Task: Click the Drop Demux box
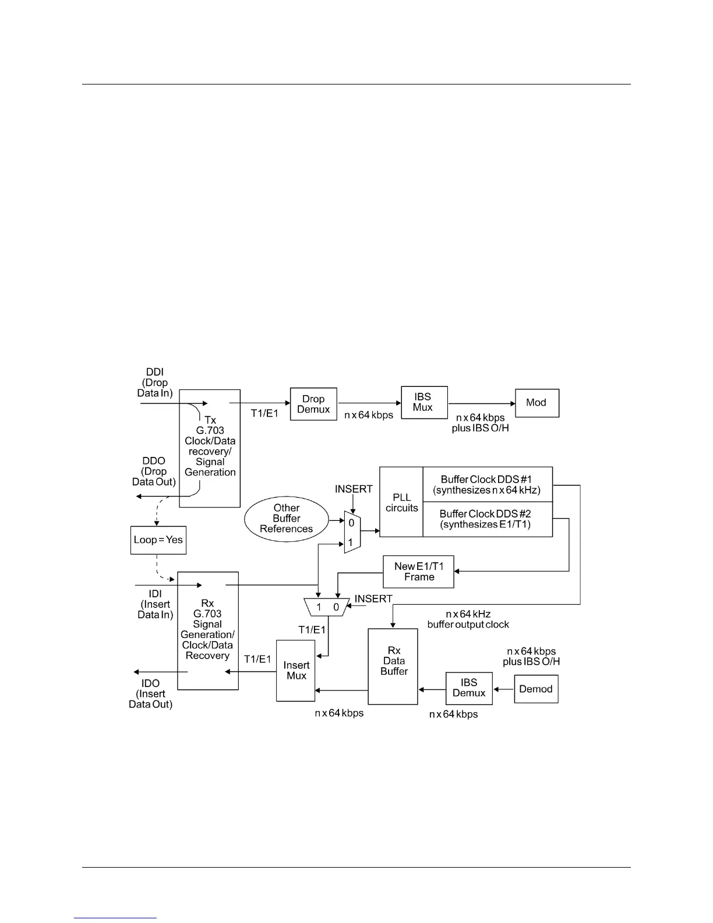pos(313,404)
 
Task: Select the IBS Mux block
pos(424,402)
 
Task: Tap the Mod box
pos(536,403)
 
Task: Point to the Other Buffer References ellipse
pos(287,519)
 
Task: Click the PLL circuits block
pos(401,502)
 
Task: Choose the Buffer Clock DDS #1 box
pos(487,485)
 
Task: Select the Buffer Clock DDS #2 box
pos(487,519)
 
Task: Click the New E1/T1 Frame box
pos(418,572)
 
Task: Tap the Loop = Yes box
pos(158,540)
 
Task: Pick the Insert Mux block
pos(296,671)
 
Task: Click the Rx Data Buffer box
pos(393,666)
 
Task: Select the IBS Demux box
pos(469,688)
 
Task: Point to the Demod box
pos(536,689)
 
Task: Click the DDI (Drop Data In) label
pos(155,382)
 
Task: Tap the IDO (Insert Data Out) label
pos(150,693)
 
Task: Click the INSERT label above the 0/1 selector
pos(354,489)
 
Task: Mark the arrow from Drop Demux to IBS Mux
pos(369,403)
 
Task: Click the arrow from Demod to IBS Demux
pos(503,688)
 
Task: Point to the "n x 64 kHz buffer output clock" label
pos(468,619)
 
